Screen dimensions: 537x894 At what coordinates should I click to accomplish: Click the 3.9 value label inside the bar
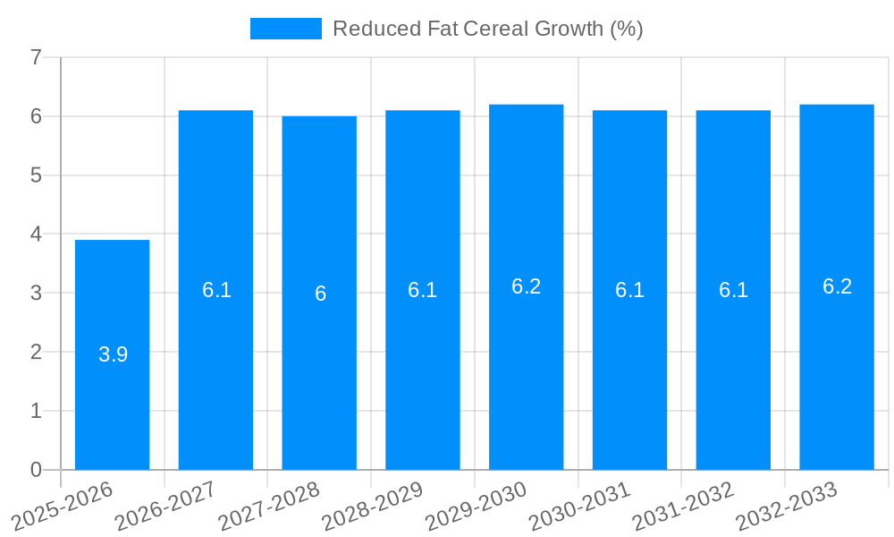point(113,354)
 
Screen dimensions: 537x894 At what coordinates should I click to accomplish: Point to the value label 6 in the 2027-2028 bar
point(320,294)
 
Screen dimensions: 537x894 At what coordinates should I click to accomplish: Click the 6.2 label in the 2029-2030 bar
point(526,286)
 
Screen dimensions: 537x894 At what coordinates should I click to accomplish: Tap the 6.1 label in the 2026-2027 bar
point(216,290)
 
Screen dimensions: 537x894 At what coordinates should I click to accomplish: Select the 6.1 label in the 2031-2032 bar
point(733,290)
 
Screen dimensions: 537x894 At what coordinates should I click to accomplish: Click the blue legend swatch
point(285,29)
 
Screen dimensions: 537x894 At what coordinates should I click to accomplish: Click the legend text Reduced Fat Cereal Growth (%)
point(487,29)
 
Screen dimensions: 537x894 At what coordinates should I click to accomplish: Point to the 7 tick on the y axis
point(36,57)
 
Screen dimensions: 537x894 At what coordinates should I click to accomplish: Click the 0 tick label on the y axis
point(36,470)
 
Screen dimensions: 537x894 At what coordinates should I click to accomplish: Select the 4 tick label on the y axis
point(36,234)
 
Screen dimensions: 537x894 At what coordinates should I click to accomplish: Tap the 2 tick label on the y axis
point(36,352)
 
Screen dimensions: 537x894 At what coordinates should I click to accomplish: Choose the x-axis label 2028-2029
point(374,506)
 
